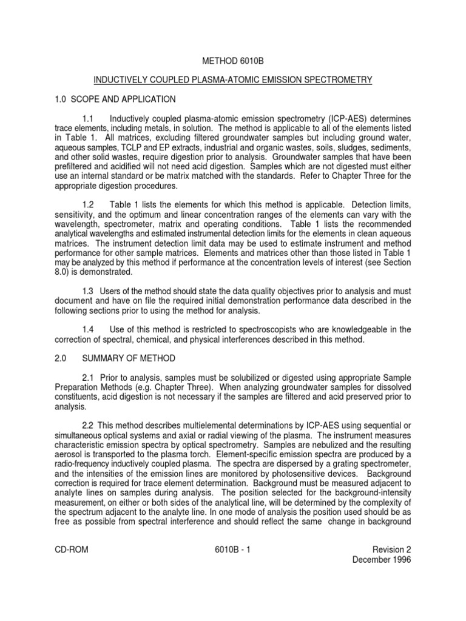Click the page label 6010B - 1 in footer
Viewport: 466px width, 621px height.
coord(232,551)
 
